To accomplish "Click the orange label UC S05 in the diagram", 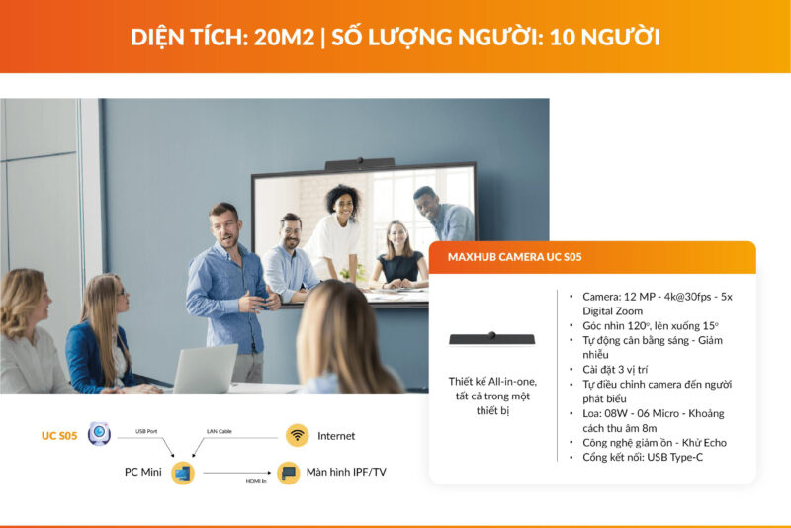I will (x=58, y=435).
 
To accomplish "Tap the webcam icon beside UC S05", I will (x=98, y=434).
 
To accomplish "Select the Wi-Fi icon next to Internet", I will (x=297, y=435).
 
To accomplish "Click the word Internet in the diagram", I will (x=336, y=436).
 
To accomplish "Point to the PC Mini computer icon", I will (x=182, y=473).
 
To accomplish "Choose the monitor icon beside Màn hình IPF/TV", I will (x=288, y=473).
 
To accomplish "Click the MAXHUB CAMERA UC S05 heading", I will (x=514, y=257).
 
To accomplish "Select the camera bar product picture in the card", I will (x=491, y=338).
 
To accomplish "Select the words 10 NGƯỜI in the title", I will (x=601, y=37).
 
